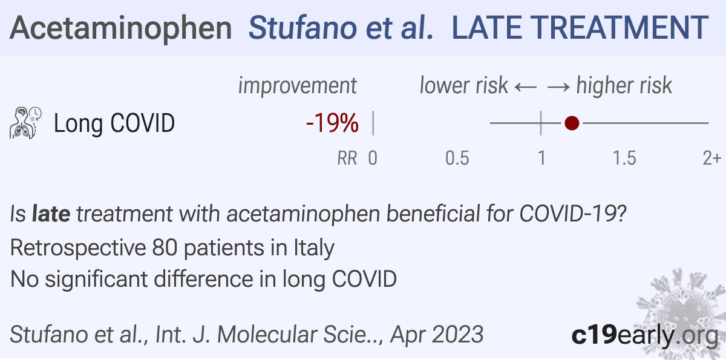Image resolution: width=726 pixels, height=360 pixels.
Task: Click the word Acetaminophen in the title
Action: (121, 28)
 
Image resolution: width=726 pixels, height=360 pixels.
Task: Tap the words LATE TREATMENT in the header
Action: (580, 28)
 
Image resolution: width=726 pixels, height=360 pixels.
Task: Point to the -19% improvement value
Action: (332, 124)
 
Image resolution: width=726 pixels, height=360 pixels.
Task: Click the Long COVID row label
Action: (114, 124)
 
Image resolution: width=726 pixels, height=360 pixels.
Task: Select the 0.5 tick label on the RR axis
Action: (457, 159)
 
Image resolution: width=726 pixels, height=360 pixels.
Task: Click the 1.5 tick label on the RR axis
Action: (624, 159)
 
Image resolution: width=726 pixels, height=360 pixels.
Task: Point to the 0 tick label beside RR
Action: (373, 159)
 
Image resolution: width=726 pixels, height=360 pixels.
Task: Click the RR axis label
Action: (347, 159)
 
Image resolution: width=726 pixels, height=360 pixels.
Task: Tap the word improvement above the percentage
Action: (298, 86)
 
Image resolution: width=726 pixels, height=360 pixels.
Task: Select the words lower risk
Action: (463, 86)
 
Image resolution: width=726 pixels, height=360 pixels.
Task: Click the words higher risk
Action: (624, 86)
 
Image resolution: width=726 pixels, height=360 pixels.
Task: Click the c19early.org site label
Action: (645, 335)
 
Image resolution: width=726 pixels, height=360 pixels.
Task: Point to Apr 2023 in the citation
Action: (437, 335)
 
